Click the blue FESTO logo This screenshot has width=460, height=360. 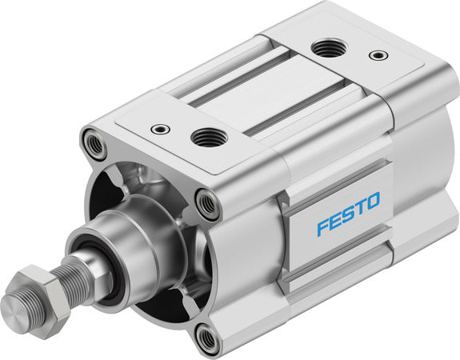click(x=349, y=214)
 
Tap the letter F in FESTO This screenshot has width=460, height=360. click(x=322, y=226)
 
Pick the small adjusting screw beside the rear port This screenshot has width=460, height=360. click(x=376, y=56)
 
